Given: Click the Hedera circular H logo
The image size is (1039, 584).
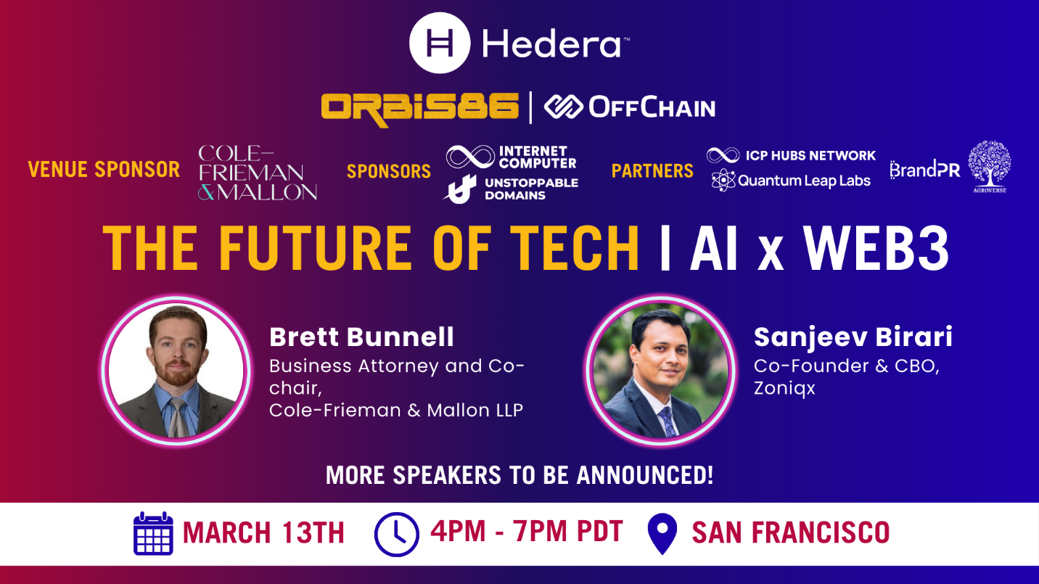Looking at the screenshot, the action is (439, 43).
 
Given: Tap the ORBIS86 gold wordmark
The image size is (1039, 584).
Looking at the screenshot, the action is (420, 109).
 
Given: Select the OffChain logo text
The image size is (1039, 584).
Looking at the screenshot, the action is (652, 107).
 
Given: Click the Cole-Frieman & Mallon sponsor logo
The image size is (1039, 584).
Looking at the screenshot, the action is (258, 173).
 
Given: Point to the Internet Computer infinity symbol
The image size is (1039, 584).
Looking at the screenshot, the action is (470, 157).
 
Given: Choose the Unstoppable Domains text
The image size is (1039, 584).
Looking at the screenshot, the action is (532, 189).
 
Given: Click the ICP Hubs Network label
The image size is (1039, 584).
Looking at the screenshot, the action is (810, 155).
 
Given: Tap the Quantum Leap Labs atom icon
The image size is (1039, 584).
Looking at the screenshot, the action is (723, 181).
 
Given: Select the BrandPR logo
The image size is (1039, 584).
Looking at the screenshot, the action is (925, 170).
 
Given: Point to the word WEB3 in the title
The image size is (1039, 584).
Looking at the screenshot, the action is (876, 248).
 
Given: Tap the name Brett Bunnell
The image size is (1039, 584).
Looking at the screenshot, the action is (361, 337).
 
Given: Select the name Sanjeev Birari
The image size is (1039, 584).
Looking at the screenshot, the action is (853, 337).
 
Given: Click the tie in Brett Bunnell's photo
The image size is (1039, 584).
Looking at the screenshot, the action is (178, 417).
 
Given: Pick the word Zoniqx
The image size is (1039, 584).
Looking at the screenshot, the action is (784, 388).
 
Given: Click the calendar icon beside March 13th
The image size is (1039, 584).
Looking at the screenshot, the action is (153, 533).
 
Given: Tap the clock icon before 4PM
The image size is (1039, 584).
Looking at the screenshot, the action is (397, 535).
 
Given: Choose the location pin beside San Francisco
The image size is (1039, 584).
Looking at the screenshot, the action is (662, 533).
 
